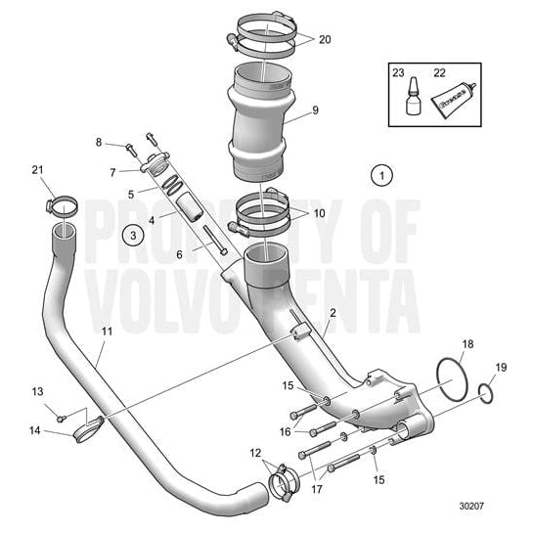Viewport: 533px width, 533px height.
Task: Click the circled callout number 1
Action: pyautogui.click(x=381, y=175)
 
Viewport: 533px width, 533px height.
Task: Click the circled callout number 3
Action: pyautogui.click(x=131, y=234)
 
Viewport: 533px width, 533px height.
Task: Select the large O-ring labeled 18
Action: pyautogui.click(x=451, y=379)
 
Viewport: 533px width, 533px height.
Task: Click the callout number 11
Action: pyautogui.click(x=107, y=333)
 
